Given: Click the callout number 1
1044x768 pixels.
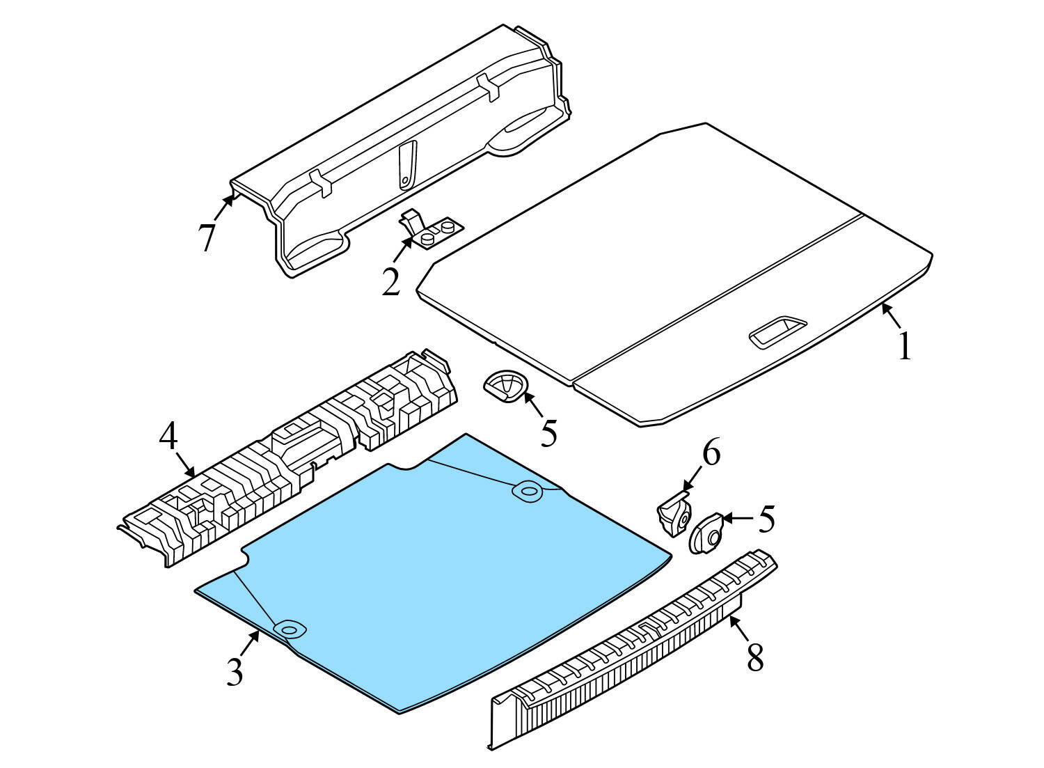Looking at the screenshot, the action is coord(904,347).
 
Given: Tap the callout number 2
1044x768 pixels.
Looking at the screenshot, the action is coord(391,282).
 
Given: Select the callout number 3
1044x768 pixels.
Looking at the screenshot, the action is coord(235,671).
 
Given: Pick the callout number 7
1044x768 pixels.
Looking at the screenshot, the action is coord(207,237).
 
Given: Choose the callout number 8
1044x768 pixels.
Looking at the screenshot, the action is coord(755,657).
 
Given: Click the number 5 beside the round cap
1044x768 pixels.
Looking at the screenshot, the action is coord(767,519).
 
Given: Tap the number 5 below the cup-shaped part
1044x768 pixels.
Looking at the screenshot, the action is coord(548,432).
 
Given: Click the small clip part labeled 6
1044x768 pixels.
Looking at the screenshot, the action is coord(674,514).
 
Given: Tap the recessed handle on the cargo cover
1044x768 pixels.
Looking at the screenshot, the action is coord(777,331).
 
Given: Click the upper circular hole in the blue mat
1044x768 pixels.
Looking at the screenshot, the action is coord(528,491).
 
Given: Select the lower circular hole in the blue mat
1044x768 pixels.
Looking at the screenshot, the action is coord(290,629).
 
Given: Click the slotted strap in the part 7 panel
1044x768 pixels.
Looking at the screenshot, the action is coord(407,164).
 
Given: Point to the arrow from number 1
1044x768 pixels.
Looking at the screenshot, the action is coord(891,315).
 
